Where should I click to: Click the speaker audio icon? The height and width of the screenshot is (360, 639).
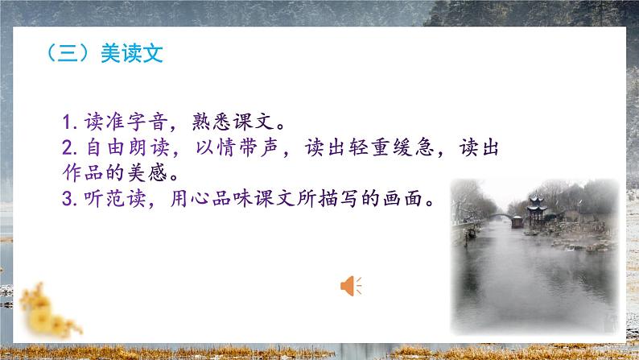pos(351,283)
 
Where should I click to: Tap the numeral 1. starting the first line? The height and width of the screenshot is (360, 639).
pos(69,125)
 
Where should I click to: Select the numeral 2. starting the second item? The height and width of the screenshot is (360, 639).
pos(69,149)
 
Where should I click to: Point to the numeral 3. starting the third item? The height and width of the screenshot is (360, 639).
pos(69,198)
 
